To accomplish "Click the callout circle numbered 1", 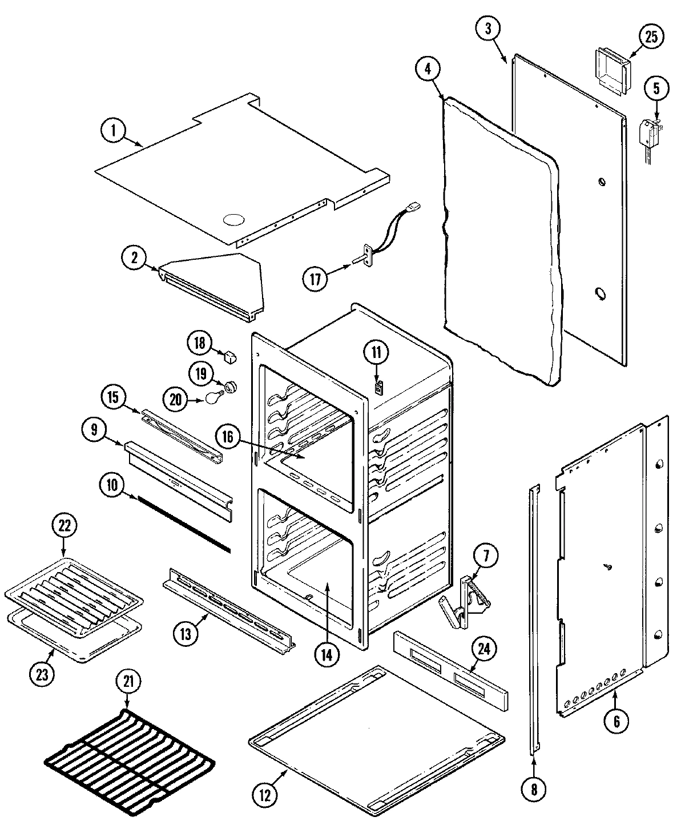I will [113, 131].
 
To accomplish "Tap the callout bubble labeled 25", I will [651, 37].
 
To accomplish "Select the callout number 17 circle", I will [316, 279].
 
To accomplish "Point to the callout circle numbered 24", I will [484, 649].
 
